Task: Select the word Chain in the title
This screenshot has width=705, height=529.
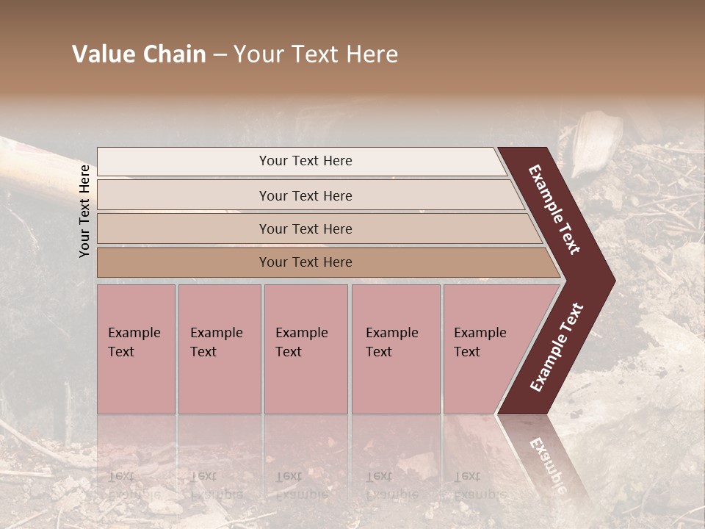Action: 175,54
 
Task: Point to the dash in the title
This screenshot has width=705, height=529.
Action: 220,55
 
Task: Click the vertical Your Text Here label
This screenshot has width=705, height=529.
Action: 84,211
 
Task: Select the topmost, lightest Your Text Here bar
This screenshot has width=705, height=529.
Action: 305,161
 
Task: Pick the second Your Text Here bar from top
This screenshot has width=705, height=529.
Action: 305,195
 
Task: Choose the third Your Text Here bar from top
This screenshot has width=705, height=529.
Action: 305,228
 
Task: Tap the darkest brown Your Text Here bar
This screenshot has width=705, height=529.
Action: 305,262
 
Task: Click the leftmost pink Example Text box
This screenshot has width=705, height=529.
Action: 136,349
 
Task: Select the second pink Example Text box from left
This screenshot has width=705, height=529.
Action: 220,349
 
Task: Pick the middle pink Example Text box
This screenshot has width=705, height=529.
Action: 305,349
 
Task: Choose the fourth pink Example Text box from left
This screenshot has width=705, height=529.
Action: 396,349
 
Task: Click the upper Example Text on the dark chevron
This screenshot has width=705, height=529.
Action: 554,209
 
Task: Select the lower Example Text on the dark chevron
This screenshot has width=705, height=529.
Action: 557,347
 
